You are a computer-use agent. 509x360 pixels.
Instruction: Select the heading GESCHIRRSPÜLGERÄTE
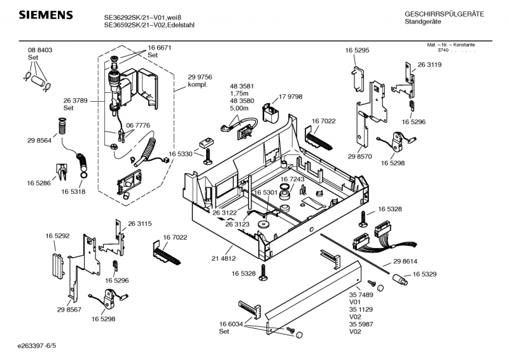tap(444, 14)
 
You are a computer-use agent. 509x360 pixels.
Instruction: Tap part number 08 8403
tap(39, 50)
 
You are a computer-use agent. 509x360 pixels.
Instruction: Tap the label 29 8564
tap(39, 141)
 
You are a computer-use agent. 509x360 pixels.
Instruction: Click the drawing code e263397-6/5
tap(38, 347)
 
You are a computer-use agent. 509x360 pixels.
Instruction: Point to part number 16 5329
tap(424, 274)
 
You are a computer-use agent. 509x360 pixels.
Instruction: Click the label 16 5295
tap(358, 50)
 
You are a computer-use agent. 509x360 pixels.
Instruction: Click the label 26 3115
tap(140, 223)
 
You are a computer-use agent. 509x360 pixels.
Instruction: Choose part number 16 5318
tap(73, 191)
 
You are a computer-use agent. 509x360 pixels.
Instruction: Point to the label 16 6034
tap(232, 324)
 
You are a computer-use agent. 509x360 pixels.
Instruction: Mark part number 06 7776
tap(138, 125)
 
